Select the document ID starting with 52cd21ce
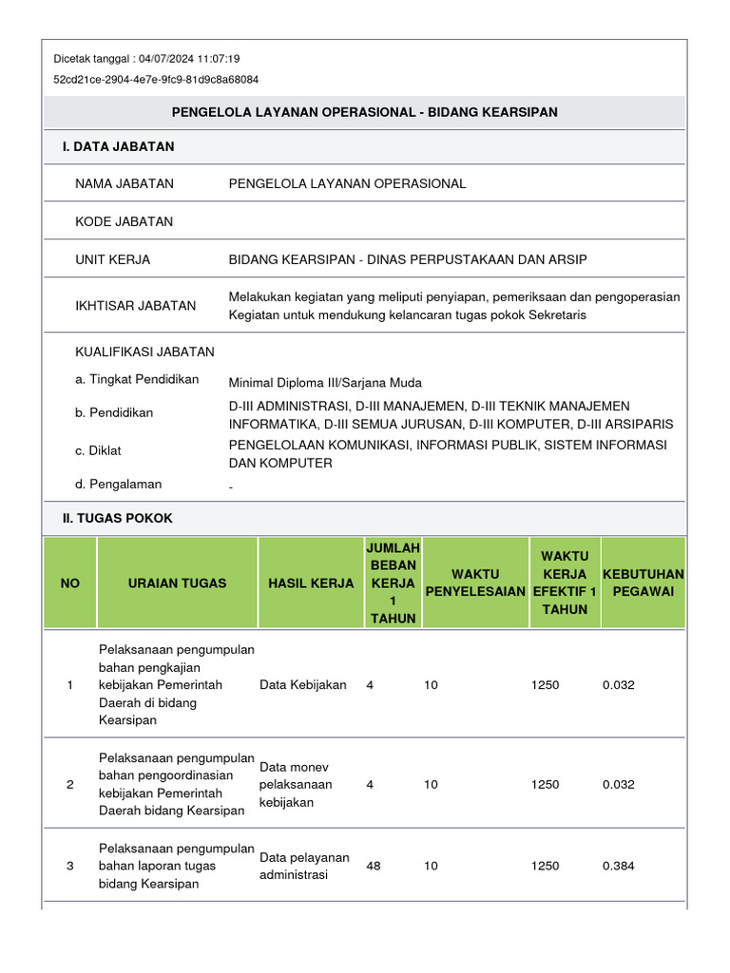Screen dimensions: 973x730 [x=156, y=80]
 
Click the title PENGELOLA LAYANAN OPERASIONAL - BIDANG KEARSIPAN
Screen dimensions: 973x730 [x=364, y=112]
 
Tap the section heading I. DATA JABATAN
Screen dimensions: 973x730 [x=117, y=146]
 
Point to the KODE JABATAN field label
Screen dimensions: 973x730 [x=124, y=221]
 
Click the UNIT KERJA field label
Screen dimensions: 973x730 [x=112, y=259]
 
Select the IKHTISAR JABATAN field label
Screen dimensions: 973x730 [x=135, y=305]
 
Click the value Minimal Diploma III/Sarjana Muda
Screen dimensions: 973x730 [x=323, y=384]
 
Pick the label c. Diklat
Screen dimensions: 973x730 [x=98, y=450]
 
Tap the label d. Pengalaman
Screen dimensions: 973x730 [x=118, y=484]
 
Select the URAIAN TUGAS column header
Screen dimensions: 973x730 [x=177, y=582]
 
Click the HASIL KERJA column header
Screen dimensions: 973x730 [x=311, y=582]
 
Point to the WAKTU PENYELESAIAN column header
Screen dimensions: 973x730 [x=474, y=582]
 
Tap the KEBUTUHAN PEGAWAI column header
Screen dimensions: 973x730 [x=643, y=582]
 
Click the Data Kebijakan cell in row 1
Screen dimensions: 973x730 [x=303, y=684]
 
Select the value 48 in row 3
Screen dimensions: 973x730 [x=373, y=866]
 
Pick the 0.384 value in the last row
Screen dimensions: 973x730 [x=618, y=866]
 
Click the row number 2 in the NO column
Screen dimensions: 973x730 [x=70, y=785]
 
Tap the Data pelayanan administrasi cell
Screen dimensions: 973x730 [x=304, y=866]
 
